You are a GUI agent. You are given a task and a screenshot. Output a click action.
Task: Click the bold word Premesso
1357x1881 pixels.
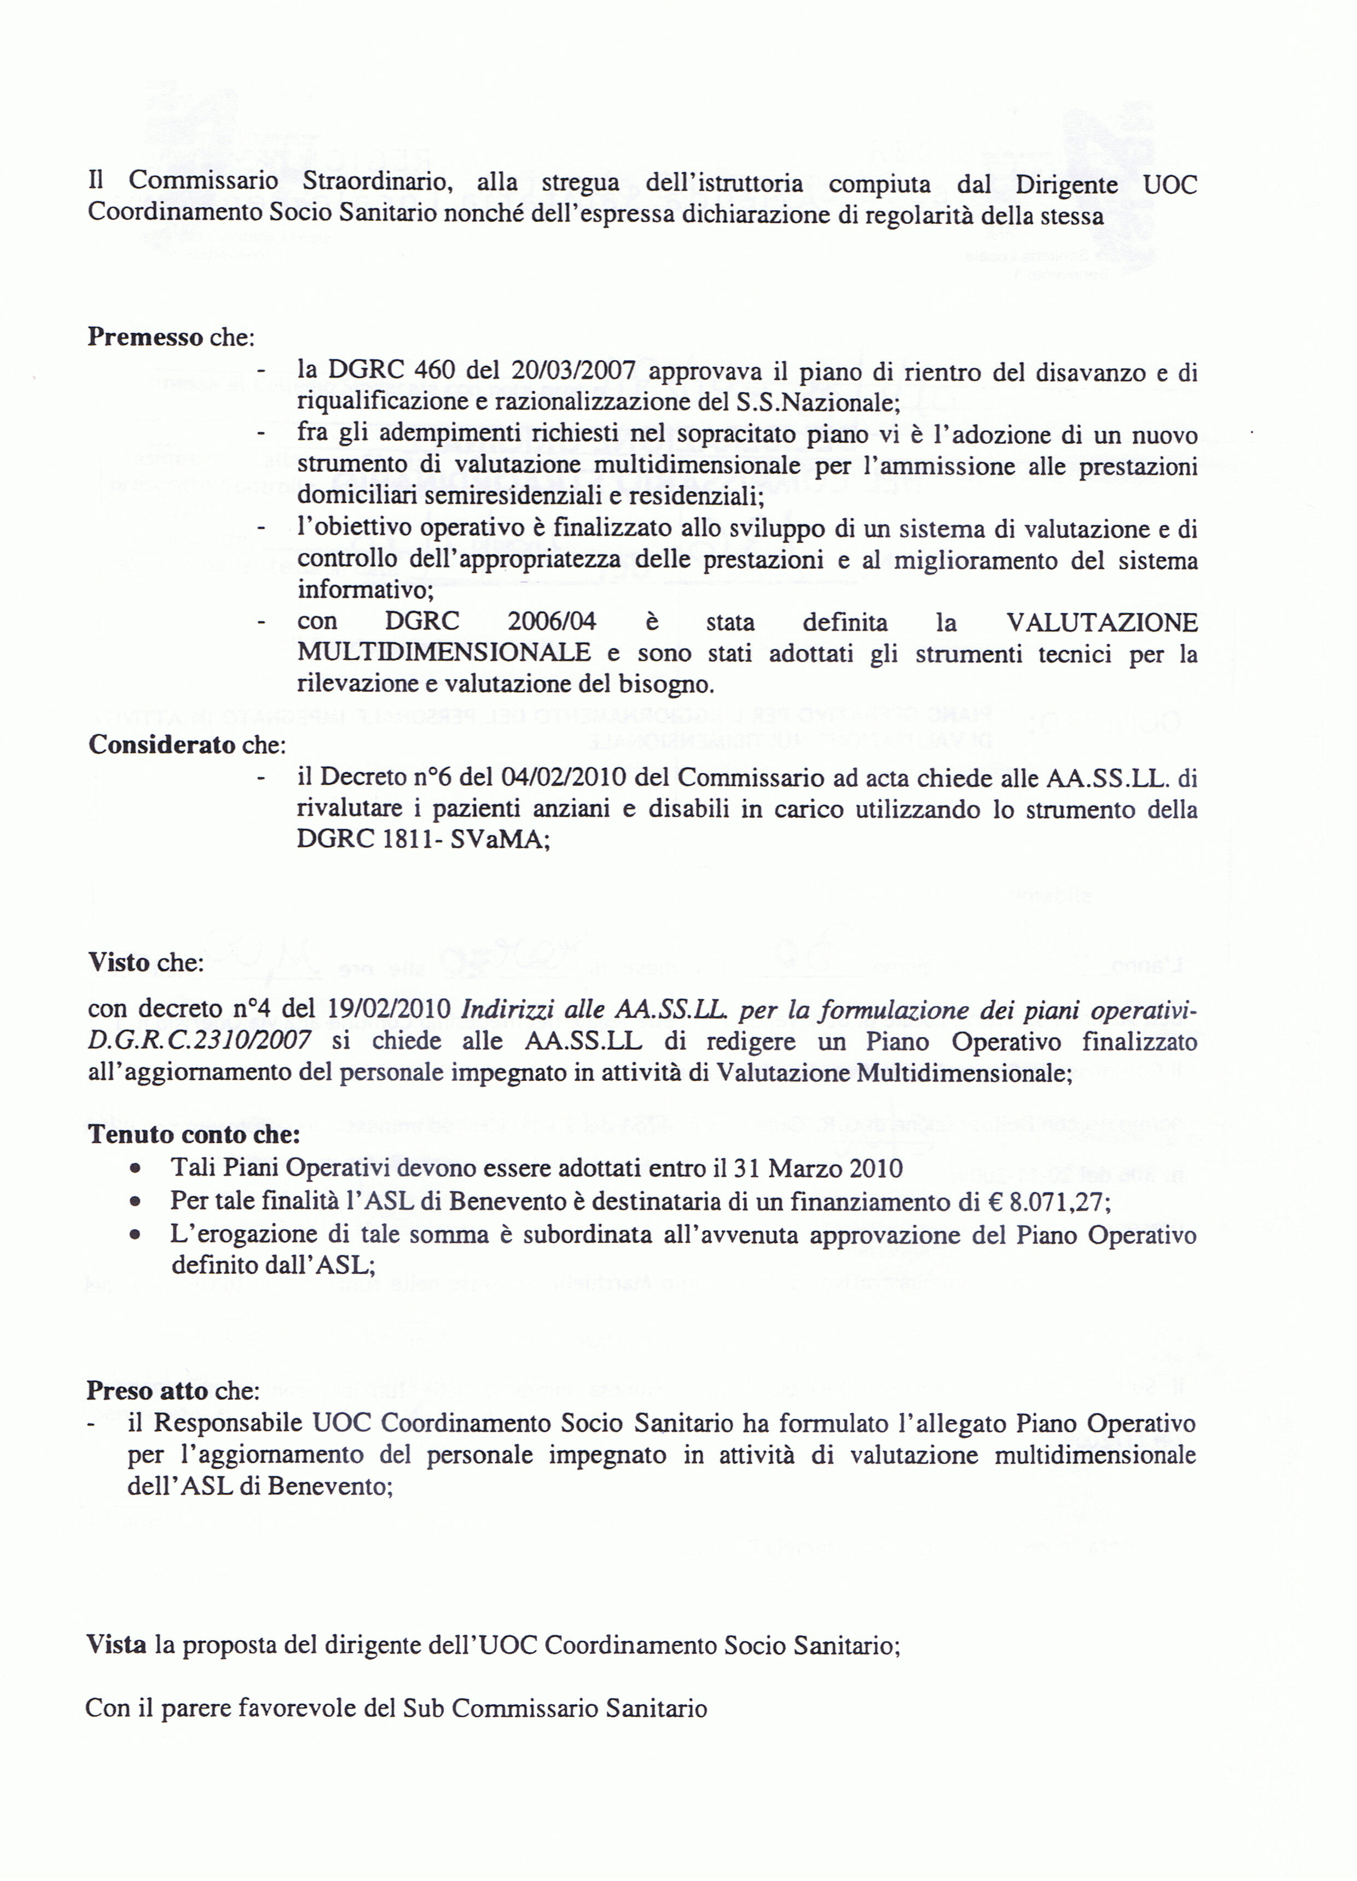click(145, 338)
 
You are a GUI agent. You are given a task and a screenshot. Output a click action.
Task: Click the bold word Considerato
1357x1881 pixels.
click(163, 745)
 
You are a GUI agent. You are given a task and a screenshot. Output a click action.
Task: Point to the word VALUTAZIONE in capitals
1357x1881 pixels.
click(1101, 622)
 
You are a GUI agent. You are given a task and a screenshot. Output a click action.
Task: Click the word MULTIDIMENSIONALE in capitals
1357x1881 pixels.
click(444, 653)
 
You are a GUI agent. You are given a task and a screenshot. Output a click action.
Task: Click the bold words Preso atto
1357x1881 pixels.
click(148, 1391)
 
